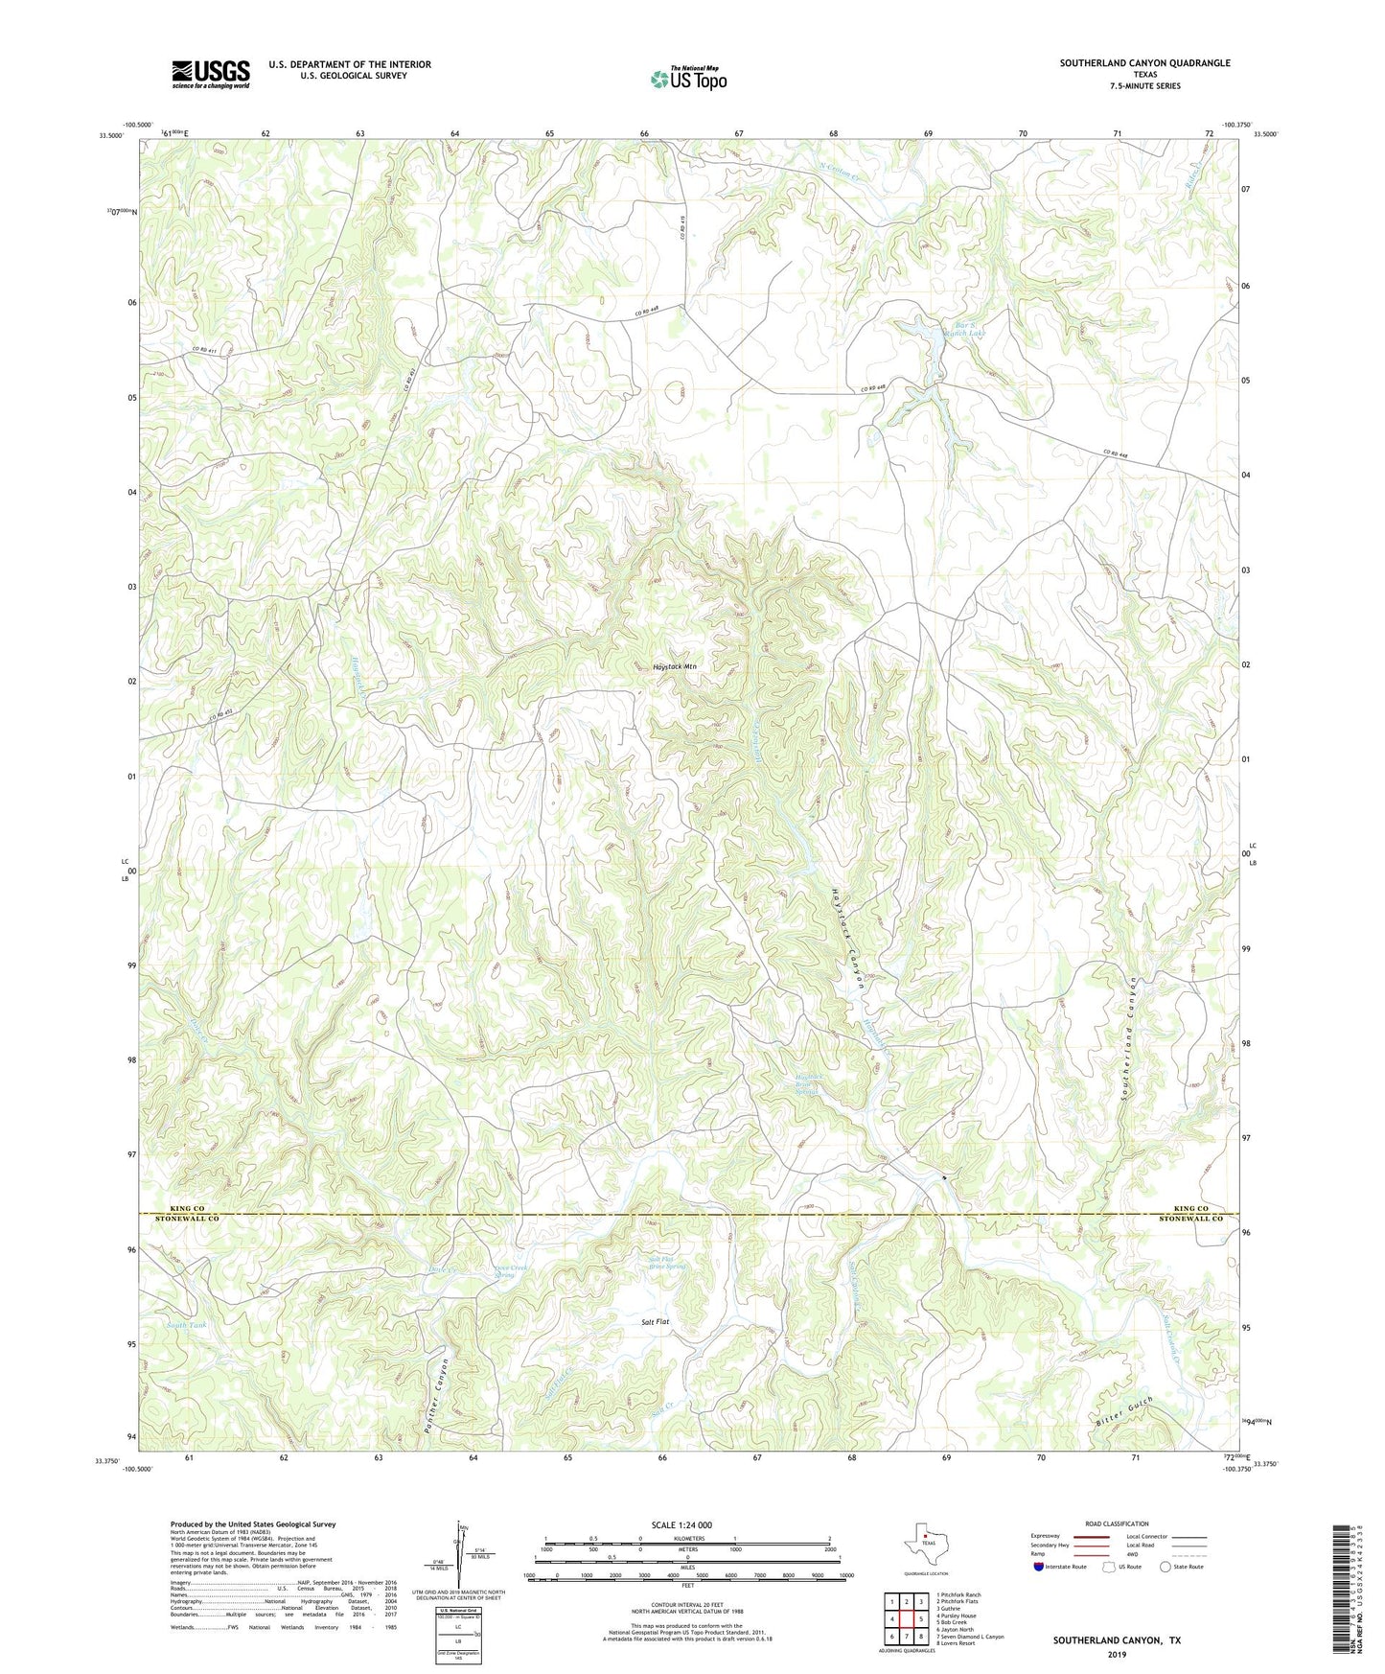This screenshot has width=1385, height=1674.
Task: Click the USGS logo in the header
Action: click(x=211, y=75)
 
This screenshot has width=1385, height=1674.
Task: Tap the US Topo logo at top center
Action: click(x=688, y=79)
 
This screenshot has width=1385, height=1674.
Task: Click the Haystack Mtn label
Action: click(x=674, y=665)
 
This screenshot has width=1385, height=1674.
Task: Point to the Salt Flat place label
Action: click(x=655, y=1322)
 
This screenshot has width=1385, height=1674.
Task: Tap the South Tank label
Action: click(x=186, y=1325)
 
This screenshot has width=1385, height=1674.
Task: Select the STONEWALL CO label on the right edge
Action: click(x=1190, y=1219)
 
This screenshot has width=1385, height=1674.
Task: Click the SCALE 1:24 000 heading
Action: click(x=681, y=1524)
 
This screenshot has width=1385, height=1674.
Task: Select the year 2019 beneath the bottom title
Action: click(x=1117, y=1655)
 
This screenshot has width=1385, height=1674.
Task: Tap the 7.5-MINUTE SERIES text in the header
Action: click(x=1144, y=86)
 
